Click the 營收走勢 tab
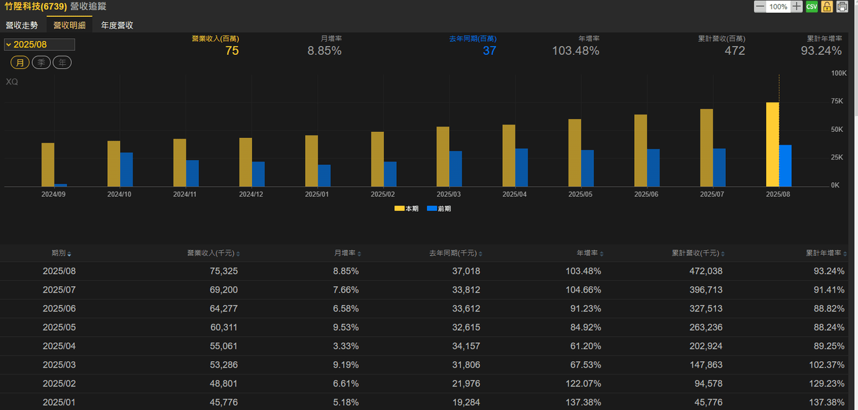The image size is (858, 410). click(22, 25)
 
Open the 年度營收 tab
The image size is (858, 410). click(117, 25)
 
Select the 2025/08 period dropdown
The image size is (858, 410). click(40, 44)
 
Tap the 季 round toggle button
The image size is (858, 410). click(41, 62)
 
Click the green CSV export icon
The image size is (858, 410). click(812, 7)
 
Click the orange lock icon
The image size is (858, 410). click(827, 7)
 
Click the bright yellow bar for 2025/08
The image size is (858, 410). click(772, 144)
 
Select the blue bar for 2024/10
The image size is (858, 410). click(127, 169)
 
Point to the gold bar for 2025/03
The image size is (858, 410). click(443, 157)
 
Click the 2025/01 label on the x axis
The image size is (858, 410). click(317, 194)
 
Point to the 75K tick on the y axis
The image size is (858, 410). click(837, 101)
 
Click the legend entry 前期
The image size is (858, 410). click(439, 208)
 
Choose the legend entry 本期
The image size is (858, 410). click(406, 208)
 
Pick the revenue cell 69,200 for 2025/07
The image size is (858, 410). click(224, 290)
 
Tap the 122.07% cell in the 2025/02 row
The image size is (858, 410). click(583, 384)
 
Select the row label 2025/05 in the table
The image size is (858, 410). click(60, 328)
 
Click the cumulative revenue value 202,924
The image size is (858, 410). click(706, 346)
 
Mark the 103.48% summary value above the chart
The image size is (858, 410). click(575, 50)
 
